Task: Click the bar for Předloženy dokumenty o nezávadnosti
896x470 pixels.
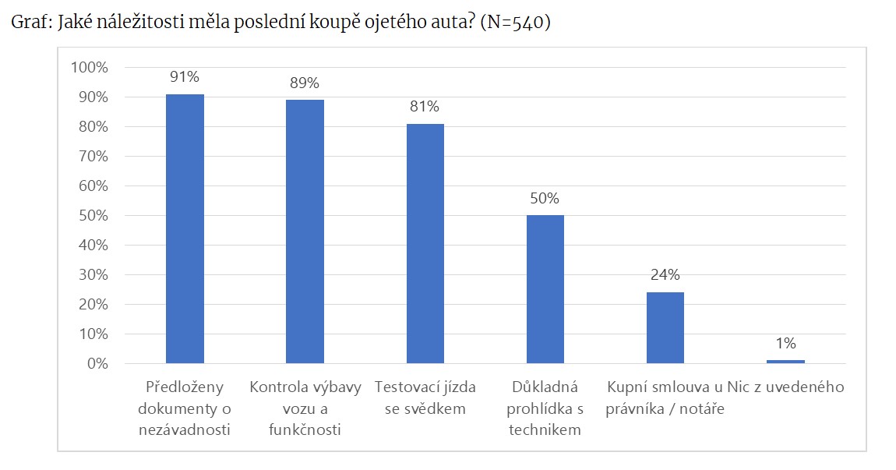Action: point(185,228)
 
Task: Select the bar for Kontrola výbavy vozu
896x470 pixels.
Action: point(305,231)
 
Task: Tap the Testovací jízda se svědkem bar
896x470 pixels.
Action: point(425,243)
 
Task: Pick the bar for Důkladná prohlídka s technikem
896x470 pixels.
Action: point(545,289)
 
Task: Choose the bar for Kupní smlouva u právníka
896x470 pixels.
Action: point(665,327)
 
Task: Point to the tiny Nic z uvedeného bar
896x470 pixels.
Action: point(785,362)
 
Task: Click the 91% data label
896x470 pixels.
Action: point(185,76)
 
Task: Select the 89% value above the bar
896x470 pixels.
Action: point(305,83)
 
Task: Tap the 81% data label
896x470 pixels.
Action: point(425,107)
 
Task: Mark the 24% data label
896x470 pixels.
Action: point(665,274)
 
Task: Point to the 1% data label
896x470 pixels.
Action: point(785,343)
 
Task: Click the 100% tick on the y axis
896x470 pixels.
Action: point(90,68)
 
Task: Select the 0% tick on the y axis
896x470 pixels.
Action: point(97,364)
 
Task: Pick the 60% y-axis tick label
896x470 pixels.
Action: point(93,186)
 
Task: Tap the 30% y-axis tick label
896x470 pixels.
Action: point(93,275)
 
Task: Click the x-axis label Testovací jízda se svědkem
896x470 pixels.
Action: point(425,398)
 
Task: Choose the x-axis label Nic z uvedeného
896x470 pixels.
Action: point(785,387)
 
